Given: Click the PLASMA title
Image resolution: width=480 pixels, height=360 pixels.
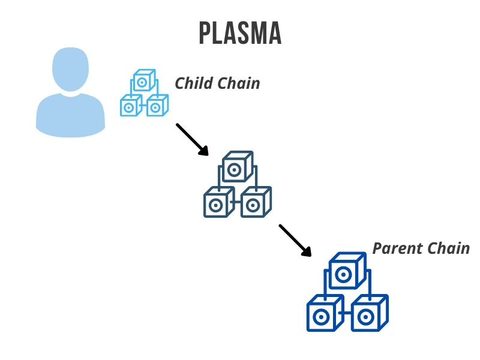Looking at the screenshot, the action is pos(240,33).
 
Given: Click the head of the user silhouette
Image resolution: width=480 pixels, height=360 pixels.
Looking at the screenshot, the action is pos(70,70).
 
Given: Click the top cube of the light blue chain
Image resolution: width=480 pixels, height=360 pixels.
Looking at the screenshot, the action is pos(144,80).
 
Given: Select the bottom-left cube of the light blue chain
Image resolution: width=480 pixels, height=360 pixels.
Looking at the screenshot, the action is pos(131,106).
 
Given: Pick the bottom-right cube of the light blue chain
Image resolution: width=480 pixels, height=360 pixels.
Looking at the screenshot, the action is pos(157,106).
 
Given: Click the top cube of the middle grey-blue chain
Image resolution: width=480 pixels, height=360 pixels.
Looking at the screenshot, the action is pos(238,167).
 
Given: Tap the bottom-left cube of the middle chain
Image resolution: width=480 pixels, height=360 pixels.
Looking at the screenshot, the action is pos(219,202).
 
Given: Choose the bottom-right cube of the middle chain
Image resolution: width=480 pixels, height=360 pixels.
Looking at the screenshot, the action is pos(256,202).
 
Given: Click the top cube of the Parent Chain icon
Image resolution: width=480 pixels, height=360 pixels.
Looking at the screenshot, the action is pos(347,271).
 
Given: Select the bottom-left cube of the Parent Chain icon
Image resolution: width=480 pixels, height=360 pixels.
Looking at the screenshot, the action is pos(325,313).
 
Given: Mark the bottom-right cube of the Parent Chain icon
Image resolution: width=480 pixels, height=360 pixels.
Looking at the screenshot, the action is pos(370,313).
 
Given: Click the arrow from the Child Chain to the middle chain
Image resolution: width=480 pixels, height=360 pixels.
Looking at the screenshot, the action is pos(192,140).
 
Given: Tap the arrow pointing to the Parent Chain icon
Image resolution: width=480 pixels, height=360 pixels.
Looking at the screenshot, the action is pos(295,241).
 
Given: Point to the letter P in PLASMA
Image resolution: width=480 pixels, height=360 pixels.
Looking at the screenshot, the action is pos(205,33).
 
